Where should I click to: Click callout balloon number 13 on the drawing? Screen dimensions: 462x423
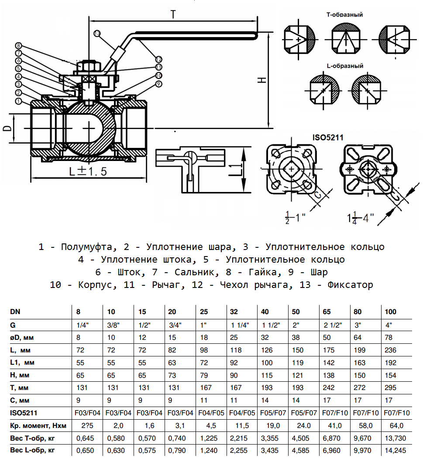97,33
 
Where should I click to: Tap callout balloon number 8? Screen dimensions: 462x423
18,45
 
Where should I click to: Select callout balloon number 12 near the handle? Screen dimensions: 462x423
158,59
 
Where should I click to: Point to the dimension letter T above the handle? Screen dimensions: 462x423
173,14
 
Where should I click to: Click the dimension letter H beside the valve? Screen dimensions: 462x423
261,80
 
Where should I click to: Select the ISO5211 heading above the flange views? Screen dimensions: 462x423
328,137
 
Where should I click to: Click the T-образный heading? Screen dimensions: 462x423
345,14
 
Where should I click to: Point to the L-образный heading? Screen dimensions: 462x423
345,66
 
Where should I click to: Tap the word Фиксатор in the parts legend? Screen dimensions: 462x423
349,285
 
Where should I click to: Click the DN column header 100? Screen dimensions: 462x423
391,312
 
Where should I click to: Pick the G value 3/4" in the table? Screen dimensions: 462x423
175,325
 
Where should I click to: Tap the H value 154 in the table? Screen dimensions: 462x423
389,375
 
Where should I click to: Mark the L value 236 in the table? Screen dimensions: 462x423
389,350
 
